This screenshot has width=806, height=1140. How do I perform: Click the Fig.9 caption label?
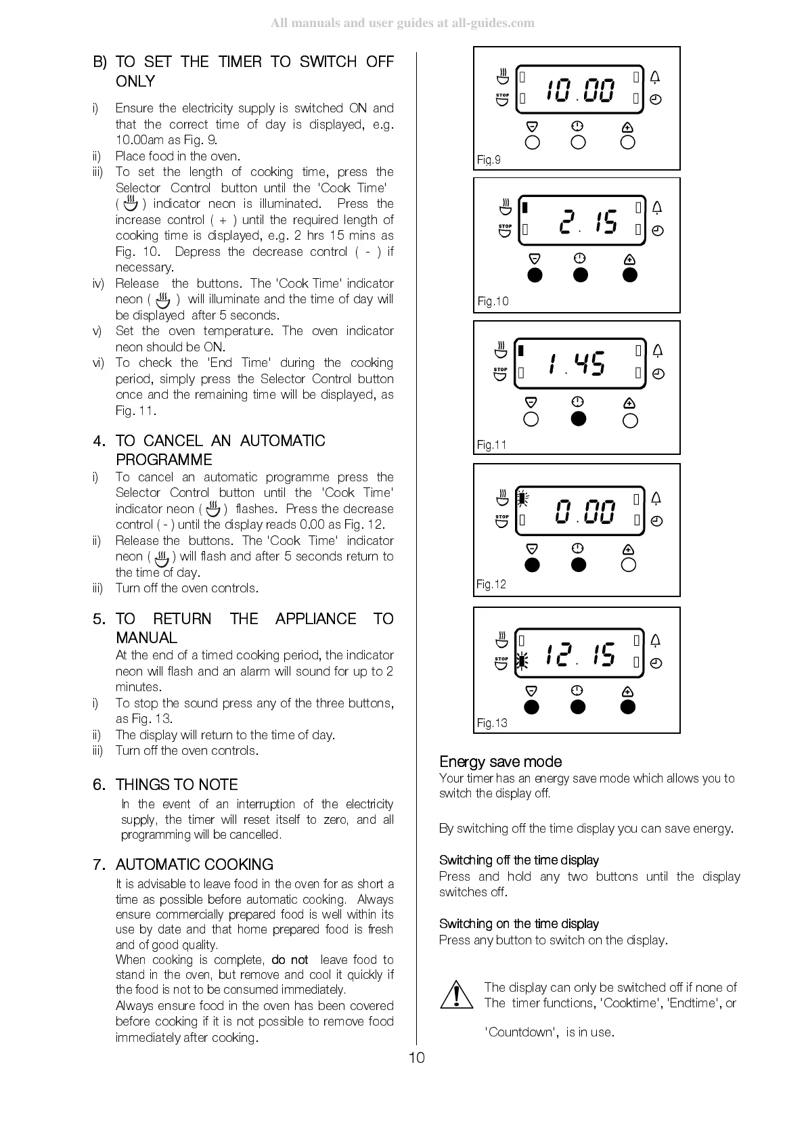click(489, 160)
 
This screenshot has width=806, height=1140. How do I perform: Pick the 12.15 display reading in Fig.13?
click(580, 655)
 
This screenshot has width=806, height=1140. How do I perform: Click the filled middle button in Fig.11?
click(578, 419)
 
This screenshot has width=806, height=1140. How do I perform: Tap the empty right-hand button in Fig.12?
click(629, 565)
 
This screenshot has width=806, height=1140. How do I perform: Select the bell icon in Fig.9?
click(655, 77)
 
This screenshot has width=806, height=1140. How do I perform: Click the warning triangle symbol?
click(456, 995)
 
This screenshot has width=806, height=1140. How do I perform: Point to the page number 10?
click(417, 1057)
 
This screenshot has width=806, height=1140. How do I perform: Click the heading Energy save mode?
click(500, 762)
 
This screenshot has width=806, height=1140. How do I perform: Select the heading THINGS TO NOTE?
click(177, 785)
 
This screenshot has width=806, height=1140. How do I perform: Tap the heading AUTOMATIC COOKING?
click(194, 864)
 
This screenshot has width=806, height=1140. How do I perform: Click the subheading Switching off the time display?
click(518, 860)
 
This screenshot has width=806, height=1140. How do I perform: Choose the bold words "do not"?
click(290, 960)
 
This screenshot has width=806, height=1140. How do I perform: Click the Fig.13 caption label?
click(492, 723)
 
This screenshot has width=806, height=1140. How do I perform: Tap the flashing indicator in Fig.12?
click(522, 498)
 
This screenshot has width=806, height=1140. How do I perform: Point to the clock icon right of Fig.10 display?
click(657, 231)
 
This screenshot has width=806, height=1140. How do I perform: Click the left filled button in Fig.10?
click(535, 275)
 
